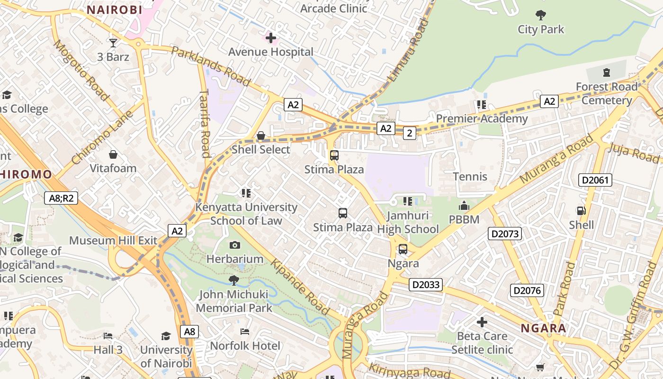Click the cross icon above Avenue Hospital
pyautogui.click(x=271, y=37)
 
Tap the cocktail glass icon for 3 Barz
pyautogui.click(x=113, y=43)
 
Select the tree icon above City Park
pyautogui.click(x=540, y=15)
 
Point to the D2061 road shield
pyautogui.click(x=595, y=180)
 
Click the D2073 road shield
pyautogui.click(x=505, y=234)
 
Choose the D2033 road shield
pyautogui.click(x=426, y=285)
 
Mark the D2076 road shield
pyautogui.click(x=527, y=290)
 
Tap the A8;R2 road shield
pyautogui.click(x=61, y=198)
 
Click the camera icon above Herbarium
pyautogui.click(x=234, y=245)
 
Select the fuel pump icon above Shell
pyautogui.click(x=581, y=211)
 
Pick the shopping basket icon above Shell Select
pyautogui.click(x=260, y=136)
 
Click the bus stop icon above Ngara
pyautogui.click(x=403, y=249)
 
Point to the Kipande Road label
pyautogui.click(x=300, y=287)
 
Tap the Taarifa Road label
pyautogui.click(x=205, y=123)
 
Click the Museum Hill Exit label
pyautogui.click(x=113, y=240)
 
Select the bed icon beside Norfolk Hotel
pyautogui.click(x=244, y=332)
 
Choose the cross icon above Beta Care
pyautogui.click(x=482, y=322)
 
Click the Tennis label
pyautogui.click(x=470, y=177)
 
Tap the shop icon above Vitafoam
pyautogui.click(x=113, y=154)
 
